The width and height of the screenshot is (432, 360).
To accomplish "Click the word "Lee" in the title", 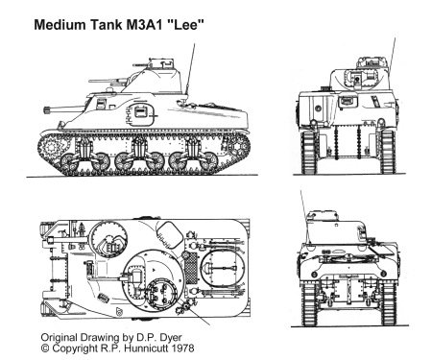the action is click(188, 25).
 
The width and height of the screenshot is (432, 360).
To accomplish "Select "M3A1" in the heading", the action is click(147, 25).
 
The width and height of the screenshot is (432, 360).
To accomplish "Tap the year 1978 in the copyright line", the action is click(182, 348).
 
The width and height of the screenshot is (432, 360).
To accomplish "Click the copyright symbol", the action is click(46, 348).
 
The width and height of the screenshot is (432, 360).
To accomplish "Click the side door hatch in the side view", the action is click(141, 113).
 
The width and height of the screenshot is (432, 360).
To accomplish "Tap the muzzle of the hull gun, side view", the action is click(47, 110).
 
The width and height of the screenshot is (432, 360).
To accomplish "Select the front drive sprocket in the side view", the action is click(51, 148).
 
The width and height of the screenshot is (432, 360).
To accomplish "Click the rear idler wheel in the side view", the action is click(237, 146).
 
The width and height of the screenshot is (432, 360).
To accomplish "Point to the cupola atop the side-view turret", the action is click(161, 63).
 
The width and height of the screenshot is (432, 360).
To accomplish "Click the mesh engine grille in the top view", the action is click(191, 268).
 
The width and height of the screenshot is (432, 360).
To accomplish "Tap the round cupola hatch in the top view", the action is click(162, 293).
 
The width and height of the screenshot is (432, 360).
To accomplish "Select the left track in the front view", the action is click(309, 152).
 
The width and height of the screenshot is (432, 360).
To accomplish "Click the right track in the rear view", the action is click(388, 303).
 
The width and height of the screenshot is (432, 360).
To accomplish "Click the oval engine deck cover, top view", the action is click(223, 268).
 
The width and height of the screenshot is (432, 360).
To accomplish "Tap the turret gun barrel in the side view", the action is click(107, 81).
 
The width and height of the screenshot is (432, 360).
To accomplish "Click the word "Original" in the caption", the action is click(60, 338).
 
